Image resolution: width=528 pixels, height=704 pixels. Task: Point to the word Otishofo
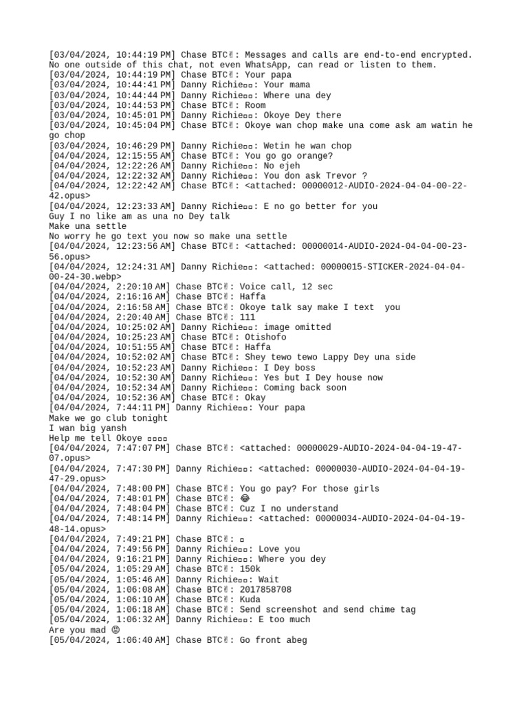265,337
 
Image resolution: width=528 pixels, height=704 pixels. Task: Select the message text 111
247,317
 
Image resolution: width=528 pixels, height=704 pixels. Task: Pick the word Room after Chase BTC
255,105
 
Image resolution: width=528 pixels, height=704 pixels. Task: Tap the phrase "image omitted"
297,327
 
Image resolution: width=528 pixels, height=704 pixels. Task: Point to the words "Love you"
282,549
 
